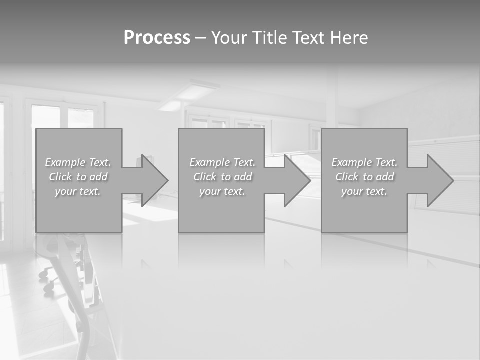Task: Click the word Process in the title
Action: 157,38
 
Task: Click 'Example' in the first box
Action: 65,162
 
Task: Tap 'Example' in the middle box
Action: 210,162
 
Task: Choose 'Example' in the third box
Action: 352,162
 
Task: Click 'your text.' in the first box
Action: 78,191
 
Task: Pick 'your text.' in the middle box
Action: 222,191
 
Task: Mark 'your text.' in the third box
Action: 364,191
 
